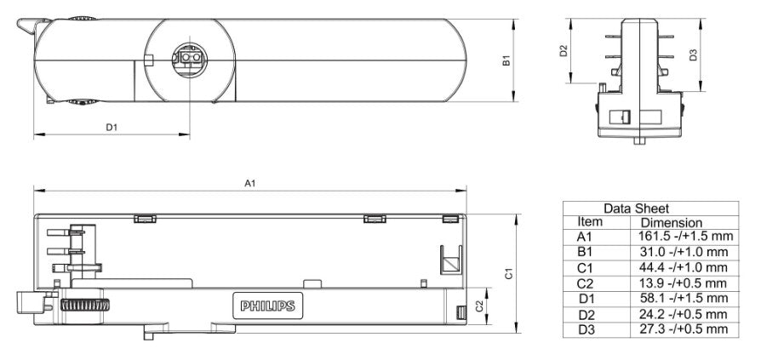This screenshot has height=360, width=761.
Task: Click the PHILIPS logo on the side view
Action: tap(267, 306)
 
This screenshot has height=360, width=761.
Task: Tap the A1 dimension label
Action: tap(249, 183)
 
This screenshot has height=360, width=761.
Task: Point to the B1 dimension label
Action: tap(506, 60)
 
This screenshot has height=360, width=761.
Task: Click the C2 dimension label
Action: tap(479, 306)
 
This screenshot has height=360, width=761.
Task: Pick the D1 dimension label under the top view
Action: tap(112, 127)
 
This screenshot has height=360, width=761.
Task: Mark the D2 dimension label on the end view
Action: tap(564, 50)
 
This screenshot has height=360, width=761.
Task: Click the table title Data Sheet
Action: tap(636, 209)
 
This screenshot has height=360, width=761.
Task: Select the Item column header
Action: tap(590, 222)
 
